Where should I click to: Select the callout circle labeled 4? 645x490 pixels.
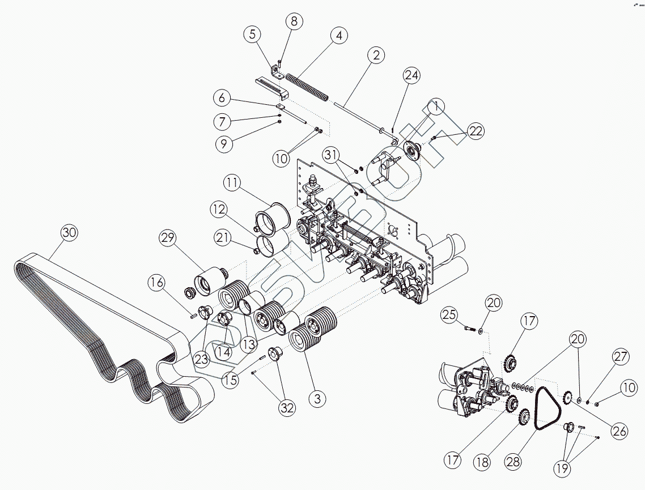tap(338, 36)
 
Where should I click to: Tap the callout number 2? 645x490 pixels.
tap(375, 56)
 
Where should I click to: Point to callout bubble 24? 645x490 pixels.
tap(412, 75)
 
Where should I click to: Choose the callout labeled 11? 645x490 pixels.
tap(232, 184)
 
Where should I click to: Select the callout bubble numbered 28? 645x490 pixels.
tap(513, 461)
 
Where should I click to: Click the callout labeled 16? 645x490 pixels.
tap(158, 282)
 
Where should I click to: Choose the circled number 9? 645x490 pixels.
tap(224, 144)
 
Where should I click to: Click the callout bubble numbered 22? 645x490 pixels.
tap(475, 131)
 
